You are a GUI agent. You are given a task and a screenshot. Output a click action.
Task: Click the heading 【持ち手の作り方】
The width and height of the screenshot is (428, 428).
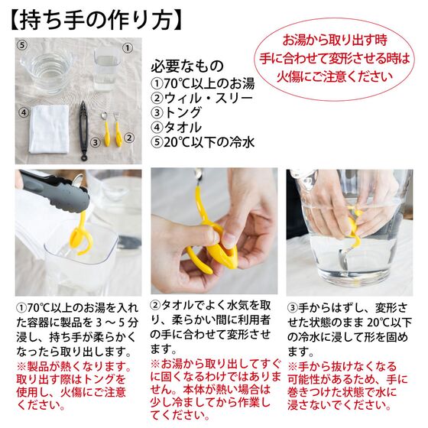point(96,20)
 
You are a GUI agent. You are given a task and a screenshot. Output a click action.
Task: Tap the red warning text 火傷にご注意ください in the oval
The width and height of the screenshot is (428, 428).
point(335,76)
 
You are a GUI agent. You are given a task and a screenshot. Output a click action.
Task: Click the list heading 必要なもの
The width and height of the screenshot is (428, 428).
point(187,66)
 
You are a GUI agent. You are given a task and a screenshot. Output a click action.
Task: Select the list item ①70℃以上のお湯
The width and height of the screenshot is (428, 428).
point(203,83)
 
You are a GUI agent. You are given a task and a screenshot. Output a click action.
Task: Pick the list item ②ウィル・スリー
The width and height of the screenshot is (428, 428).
point(202,98)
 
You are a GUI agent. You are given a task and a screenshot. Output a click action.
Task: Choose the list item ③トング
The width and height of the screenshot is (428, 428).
point(176,112)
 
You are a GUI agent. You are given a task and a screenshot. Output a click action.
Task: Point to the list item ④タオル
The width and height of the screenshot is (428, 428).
point(176,127)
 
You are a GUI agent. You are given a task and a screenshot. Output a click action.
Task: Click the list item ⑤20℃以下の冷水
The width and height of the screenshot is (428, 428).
point(203,142)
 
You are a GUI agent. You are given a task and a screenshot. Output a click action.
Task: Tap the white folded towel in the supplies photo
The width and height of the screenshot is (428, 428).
point(49,129)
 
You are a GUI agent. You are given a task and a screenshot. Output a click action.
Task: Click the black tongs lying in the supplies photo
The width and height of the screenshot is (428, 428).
point(84,131)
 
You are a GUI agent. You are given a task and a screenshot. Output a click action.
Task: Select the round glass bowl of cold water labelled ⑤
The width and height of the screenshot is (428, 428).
point(46,72)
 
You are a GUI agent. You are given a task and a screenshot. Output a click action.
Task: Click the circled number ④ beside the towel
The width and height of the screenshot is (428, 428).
point(24,112)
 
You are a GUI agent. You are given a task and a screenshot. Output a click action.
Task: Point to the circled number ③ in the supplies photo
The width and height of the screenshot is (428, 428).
point(96,142)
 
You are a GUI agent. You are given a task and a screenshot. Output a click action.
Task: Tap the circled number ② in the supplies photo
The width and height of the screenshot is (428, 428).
point(129,138)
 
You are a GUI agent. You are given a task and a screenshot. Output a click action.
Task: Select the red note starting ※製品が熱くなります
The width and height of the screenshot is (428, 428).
point(73,386)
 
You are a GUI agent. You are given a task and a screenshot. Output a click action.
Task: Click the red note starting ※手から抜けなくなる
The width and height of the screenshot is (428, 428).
point(347,386)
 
